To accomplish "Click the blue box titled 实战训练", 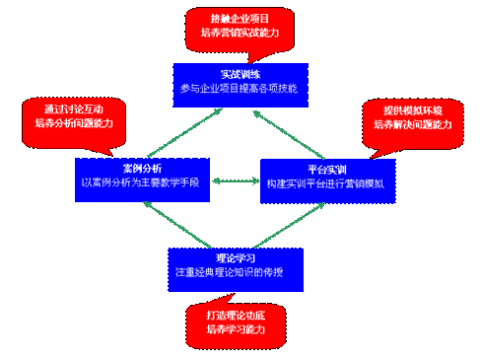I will coord(240,81).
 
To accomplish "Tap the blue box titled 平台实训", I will coord(328,177).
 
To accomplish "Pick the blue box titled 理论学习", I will coord(235,263).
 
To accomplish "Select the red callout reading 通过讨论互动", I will coord(66,114).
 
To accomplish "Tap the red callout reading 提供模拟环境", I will coord(413,116).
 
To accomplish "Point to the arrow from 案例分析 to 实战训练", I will coord(186,129).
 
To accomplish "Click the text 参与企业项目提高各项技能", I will coord(240,89).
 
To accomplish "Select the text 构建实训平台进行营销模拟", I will coord(328,183).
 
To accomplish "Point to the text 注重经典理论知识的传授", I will coord(235,271).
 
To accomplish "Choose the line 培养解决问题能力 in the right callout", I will coord(413,124).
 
